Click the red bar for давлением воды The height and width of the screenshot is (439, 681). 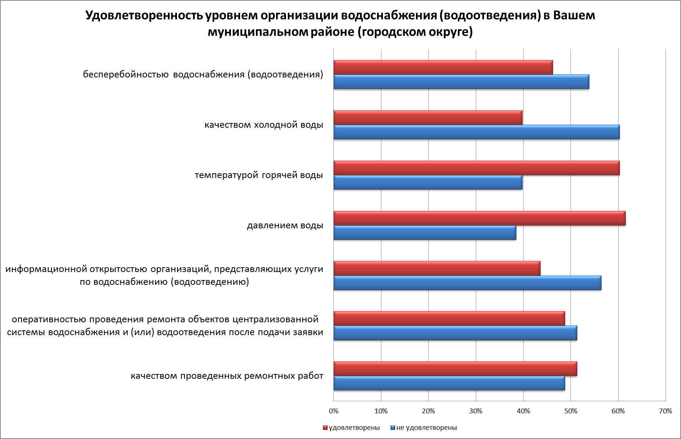[x=479, y=218]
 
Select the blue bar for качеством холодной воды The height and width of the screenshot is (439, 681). [x=476, y=132]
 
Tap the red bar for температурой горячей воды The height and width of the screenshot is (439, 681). [x=476, y=168]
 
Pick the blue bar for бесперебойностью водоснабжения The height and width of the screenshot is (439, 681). [x=461, y=82]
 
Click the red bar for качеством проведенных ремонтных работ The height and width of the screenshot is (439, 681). [x=455, y=369]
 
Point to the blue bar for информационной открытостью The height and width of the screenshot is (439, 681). [x=467, y=283]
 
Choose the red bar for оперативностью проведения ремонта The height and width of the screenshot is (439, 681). [x=449, y=319]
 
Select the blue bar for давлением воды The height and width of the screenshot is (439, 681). [x=424, y=233]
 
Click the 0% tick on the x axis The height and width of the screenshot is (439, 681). [x=334, y=411]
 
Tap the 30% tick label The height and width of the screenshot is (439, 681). [x=476, y=411]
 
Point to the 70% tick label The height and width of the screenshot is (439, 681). [x=666, y=411]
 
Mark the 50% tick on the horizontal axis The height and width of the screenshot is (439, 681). [x=570, y=411]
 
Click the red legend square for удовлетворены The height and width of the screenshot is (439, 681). [x=325, y=428]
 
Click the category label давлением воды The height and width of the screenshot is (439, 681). [x=285, y=225]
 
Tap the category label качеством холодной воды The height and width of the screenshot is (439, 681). [x=264, y=125]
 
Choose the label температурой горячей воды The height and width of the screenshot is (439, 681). [x=259, y=175]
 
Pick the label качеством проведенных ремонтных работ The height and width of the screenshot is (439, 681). [x=227, y=376]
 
